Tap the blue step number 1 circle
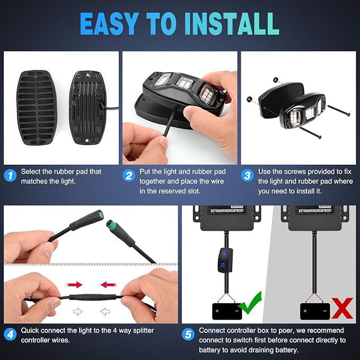(x=10, y=175)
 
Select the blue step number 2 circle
(x=129, y=175)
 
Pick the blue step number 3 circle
(x=247, y=175)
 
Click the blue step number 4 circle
(x=10, y=335)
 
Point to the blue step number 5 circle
(x=188, y=335)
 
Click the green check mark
(x=251, y=303)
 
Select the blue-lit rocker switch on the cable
(x=225, y=260)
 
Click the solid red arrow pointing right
(x=74, y=285)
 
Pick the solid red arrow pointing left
(x=108, y=285)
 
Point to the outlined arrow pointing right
(x=77, y=312)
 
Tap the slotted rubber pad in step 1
(x=37, y=108)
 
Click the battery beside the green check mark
(x=227, y=311)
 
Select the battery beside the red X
(x=315, y=311)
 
